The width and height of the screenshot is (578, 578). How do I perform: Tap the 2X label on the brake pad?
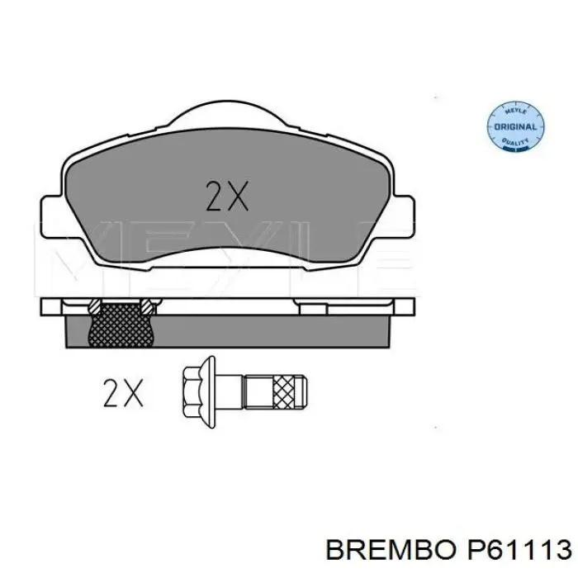[227, 197]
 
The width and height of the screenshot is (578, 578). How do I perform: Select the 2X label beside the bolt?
[123, 393]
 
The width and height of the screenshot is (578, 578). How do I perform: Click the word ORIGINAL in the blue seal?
[515, 127]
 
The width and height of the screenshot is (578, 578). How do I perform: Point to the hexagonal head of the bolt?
[192, 392]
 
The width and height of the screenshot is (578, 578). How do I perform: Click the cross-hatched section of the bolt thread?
[284, 392]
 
